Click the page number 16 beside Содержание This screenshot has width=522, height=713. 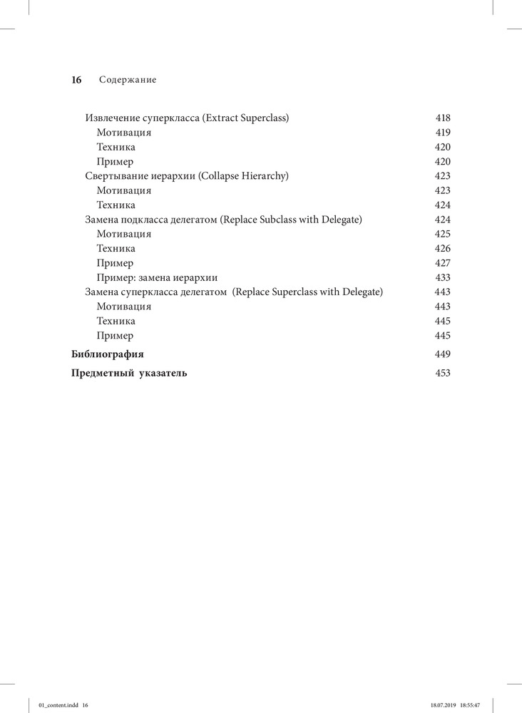coord(77,81)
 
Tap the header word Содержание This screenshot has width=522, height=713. coord(128,81)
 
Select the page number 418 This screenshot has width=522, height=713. coord(443,118)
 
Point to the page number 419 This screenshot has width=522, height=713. coord(443,133)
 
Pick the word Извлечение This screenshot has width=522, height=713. coord(112,118)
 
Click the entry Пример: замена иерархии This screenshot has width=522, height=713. coord(157,277)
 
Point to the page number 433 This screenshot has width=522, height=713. coord(443,277)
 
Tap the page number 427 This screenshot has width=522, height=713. coord(443,263)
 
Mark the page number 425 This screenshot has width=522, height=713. coord(443,234)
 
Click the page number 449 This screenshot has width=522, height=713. coord(443,354)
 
